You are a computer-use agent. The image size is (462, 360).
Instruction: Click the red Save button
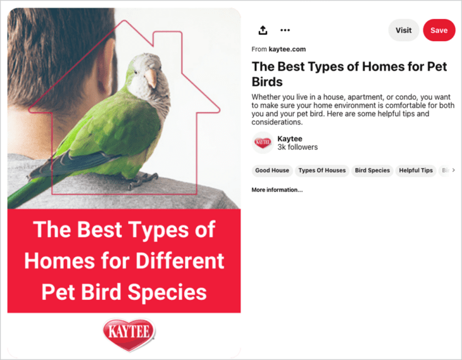439,30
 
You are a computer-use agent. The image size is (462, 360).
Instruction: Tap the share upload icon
263,30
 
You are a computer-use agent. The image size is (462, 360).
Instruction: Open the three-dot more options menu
285,30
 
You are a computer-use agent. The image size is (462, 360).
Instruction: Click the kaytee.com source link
287,49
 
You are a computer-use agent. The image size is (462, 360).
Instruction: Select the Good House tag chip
272,171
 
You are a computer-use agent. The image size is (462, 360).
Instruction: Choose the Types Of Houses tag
322,171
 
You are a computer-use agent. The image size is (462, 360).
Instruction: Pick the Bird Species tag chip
372,171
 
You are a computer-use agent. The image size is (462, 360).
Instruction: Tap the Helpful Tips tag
416,171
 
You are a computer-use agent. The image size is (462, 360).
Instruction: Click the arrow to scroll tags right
453,170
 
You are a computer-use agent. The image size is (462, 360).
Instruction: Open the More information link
277,190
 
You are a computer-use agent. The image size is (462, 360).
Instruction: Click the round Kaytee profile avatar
263,143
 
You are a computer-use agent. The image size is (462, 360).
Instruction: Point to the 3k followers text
298,147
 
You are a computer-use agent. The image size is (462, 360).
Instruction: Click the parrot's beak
151,78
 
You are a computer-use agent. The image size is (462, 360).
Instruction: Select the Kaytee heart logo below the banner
129,334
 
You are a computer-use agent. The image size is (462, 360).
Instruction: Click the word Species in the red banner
167,292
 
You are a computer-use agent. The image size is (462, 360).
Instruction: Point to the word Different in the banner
180,261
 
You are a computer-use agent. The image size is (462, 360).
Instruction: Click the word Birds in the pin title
267,82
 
